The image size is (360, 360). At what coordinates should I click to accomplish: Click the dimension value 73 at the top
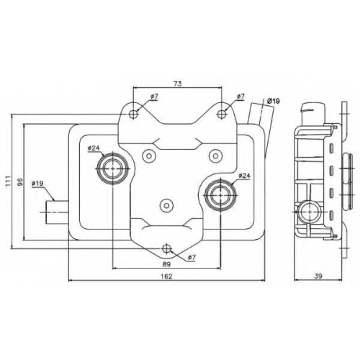[177, 84]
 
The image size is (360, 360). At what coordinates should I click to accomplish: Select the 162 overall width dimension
[166, 276]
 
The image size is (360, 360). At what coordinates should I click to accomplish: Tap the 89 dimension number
[166, 264]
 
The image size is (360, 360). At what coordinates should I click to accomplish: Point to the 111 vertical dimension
[9, 181]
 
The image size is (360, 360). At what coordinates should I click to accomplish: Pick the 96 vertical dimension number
[20, 181]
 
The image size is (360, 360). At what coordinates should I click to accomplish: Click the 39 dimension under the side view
[318, 276]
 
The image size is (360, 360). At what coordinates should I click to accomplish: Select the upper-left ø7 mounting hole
[133, 114]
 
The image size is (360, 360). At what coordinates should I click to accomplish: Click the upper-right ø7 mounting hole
[221, 114]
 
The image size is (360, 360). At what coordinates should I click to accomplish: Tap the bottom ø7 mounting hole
[166, 249]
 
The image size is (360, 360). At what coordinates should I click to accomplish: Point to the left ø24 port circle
[113, 168]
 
